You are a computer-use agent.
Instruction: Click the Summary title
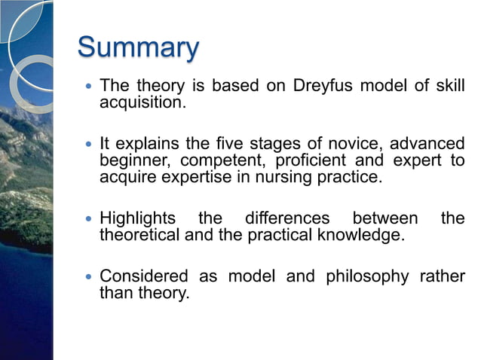(x=138, y=48)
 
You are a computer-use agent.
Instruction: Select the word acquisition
(x=142, y=102)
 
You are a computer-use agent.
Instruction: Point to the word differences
(x=287, y=219)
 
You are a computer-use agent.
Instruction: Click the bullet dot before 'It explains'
(x=89, y=143)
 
